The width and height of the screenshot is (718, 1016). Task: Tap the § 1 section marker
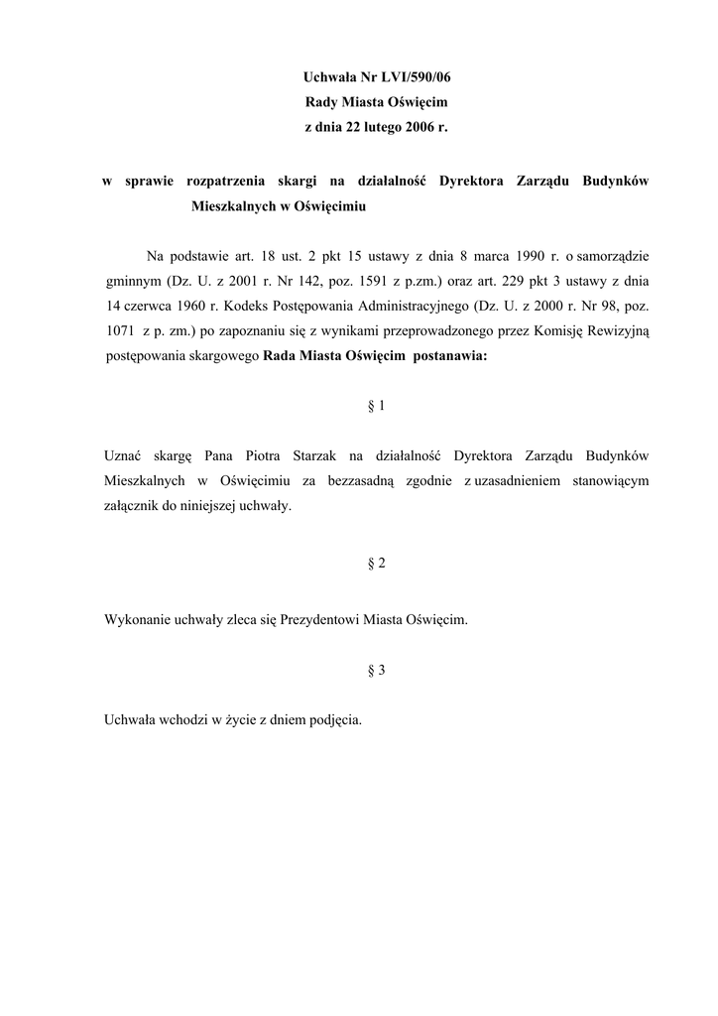point(376,406)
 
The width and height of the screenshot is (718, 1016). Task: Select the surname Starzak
point(315,456)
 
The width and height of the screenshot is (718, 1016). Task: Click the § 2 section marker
point(376,564)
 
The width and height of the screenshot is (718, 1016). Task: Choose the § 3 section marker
point(376,670)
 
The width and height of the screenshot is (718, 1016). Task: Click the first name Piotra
point(261,456)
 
